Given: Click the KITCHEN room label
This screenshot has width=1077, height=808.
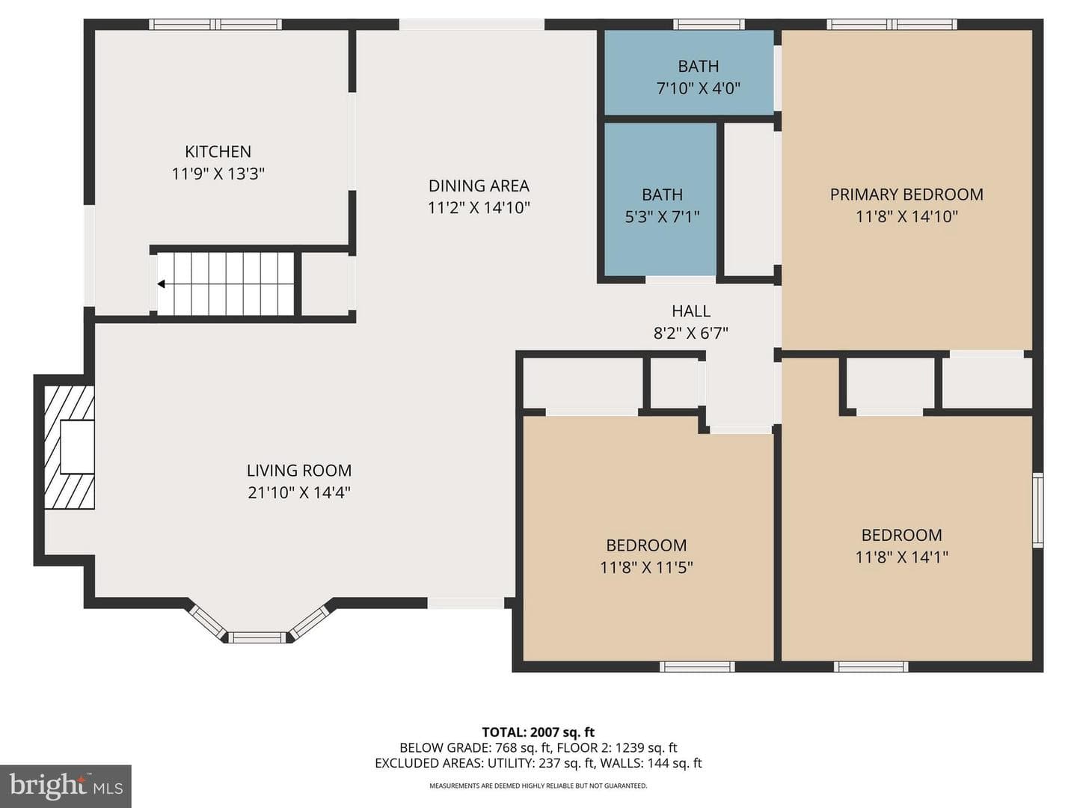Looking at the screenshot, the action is pyautogui.click(x=218, y=152).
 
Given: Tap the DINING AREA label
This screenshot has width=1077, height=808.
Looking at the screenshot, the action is pyautogui.click(x=479, y=186).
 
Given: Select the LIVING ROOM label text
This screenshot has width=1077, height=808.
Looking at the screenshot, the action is pyautogui.click(x=299, y=471).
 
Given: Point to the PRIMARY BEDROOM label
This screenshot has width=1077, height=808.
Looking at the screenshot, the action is pyautogui.click(x=906, y=195).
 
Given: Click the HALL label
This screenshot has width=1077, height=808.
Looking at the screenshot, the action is pyautogui.click(x=691, y=311).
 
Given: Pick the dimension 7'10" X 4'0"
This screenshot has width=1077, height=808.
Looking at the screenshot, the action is pyautogui.click(x=699, y=88).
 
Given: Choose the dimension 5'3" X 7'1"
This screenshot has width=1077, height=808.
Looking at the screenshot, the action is pyautogui.click(x=662, y=216).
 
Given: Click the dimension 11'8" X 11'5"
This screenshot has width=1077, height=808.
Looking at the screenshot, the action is pyautogui.click(x=646, y=567).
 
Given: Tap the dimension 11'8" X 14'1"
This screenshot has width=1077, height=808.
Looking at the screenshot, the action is pyautogui.click(x=902, y=557).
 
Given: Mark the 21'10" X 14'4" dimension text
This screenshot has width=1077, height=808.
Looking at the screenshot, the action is pyautogui.click(x=299, y=492).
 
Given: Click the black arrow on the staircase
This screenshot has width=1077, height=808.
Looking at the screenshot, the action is pyautogui.click(x=161, y=284).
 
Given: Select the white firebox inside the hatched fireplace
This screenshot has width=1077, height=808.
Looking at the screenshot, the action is pyautogui.click(x=77, y=447).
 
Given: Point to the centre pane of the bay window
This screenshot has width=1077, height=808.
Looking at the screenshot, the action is pyautogui.click(x=257, y=637).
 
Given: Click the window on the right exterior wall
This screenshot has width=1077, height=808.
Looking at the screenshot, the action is pyautogui.click(x=1037, y=509).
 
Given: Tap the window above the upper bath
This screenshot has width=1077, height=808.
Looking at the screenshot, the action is pyautogui.click(x=708, y=24).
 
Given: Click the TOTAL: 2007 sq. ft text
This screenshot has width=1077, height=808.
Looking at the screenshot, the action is pyautogui.click(x=538, y=732).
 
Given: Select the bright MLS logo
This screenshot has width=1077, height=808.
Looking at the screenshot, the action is pyautogui.click(x=66, y=786).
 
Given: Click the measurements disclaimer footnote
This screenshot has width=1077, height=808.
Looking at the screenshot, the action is pyautogui.click(x=538, y=786).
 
